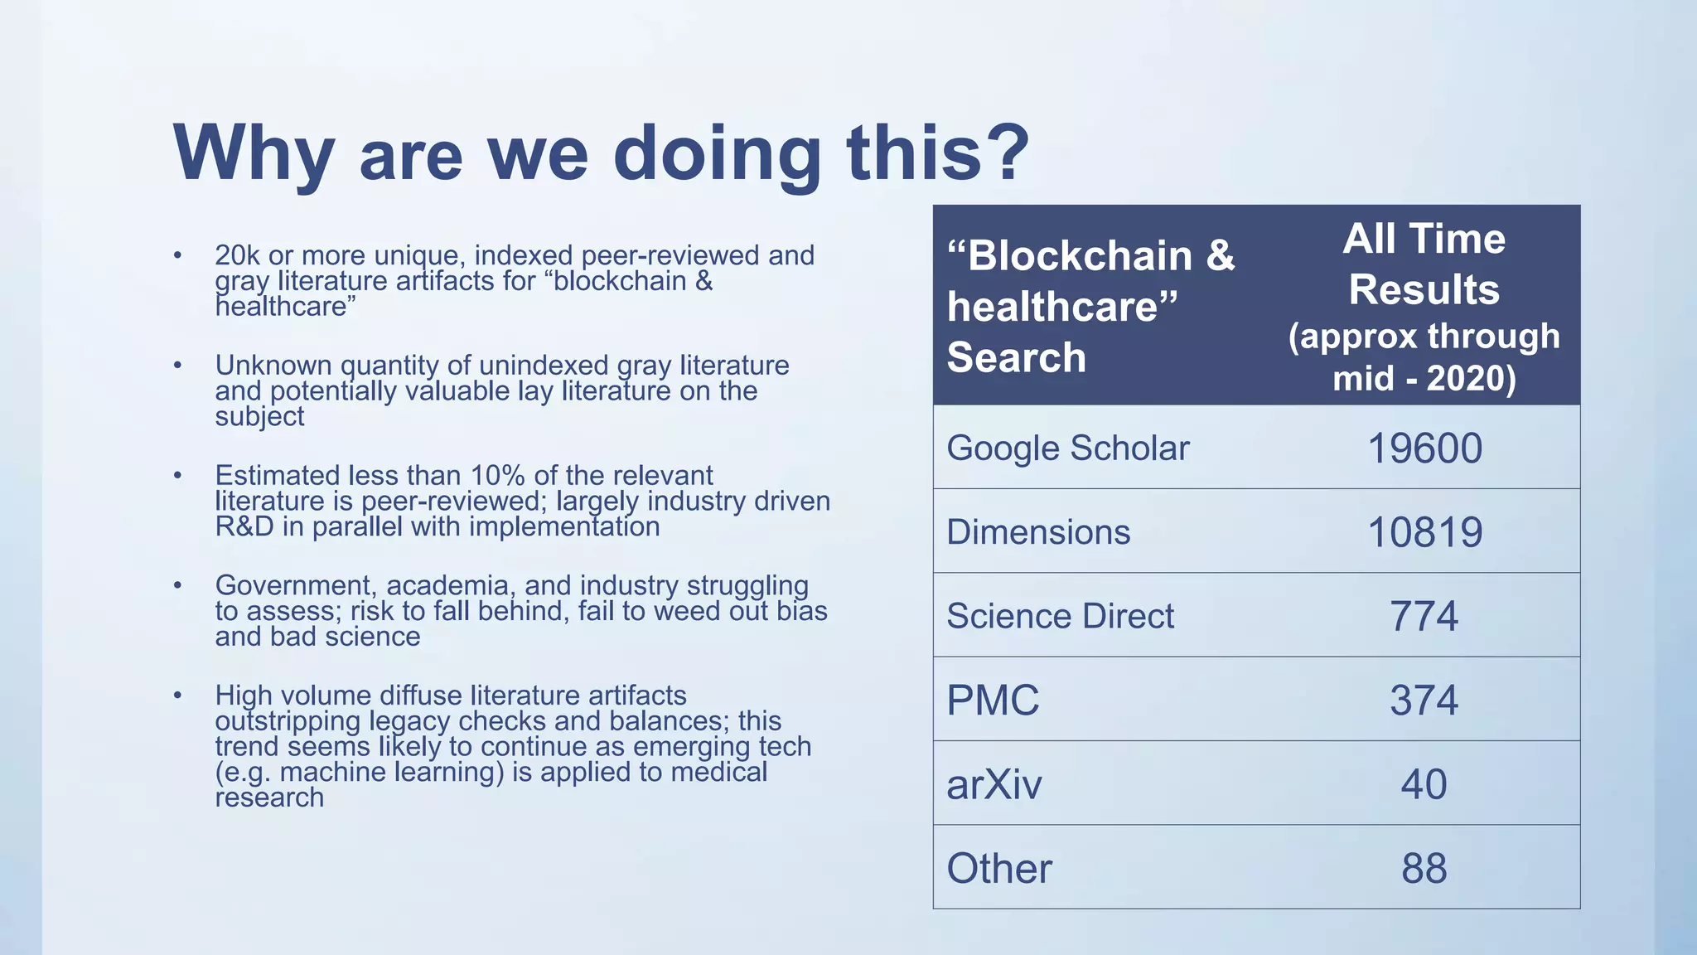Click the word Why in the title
pos(254,155)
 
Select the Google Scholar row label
pos(1067,448)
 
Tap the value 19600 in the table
pos(1424,448)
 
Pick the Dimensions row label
pos(1037,532)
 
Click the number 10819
pos(1424,532)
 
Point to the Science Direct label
pos(1060,616)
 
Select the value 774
pos(1424,616)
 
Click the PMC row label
pos(992,700)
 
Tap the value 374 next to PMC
pos(1424,700)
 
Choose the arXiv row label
pos(994,784)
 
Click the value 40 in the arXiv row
pos(1424,784)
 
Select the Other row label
pos(998,869)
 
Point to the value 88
pos(1424,869)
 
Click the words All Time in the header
pos(1424,239)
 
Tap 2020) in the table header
pos(1471,379)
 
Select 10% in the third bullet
pos(498,476)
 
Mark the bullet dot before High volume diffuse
pos(177,695)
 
